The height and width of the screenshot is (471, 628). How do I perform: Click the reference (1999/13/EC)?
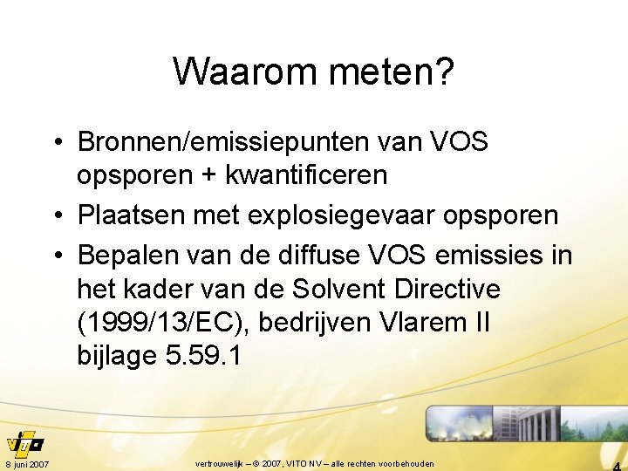(x=171, y=323)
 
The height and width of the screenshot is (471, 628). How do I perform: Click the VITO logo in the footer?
(x=24, y=441)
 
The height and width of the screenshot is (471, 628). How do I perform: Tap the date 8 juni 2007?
(x=26, y=463)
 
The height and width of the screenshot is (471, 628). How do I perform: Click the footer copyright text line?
(x=314, y=463)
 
